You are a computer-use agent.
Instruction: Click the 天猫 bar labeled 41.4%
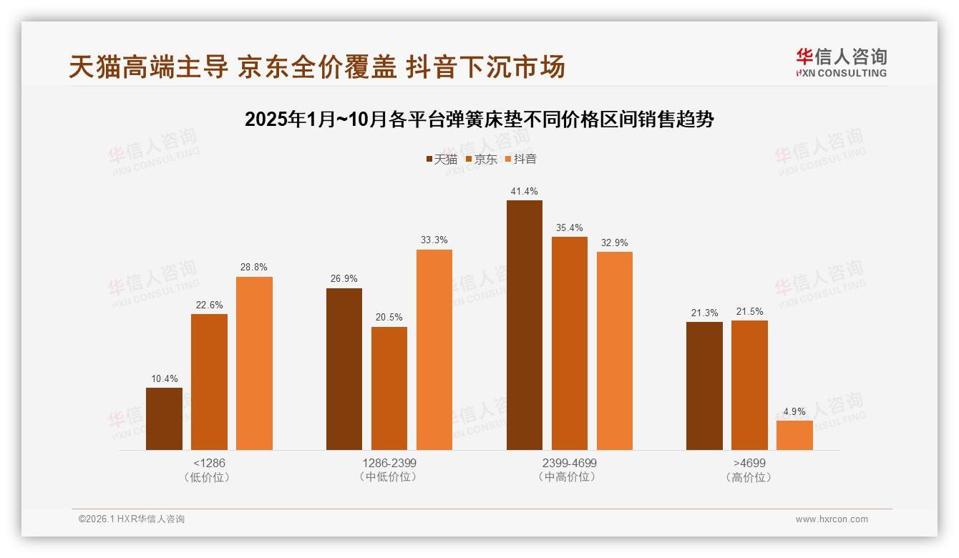pos(524,325)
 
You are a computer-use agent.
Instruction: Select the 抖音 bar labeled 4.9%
pos(794,435)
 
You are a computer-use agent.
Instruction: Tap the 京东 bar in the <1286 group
pos(209,381)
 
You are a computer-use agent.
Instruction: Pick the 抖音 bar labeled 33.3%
pos(434,349)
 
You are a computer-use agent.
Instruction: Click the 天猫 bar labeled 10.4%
pos(164,418)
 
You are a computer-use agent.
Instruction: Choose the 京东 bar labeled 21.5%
pos(749,385)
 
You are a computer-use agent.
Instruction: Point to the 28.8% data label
pos(254,268)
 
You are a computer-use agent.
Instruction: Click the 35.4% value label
pos(569,227)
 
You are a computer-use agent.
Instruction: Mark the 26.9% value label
pos(344,279)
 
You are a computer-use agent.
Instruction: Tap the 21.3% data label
pos(704,313)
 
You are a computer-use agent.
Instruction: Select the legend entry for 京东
pos(481,160)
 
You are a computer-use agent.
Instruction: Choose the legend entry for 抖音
pos(521,160)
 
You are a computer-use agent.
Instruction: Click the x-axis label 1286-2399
pos(389,463)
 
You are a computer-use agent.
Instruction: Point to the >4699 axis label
pos(749,463)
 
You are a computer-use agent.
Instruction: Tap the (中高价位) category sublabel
pos(569,477)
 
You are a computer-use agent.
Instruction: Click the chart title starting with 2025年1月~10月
pos(479,119)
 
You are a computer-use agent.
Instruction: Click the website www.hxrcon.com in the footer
pos(832,519)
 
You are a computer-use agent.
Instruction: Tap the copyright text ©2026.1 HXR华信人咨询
pos(132,519)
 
